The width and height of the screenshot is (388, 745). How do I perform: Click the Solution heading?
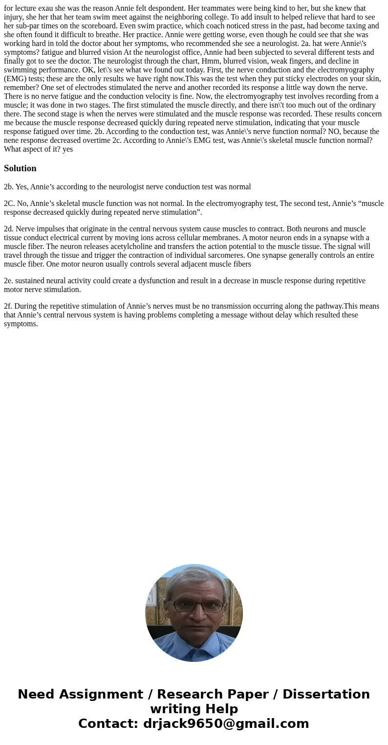coord(20,168)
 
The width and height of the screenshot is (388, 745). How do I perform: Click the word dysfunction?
coord(159,281)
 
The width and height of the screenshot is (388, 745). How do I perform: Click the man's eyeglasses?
coord(194,606)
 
